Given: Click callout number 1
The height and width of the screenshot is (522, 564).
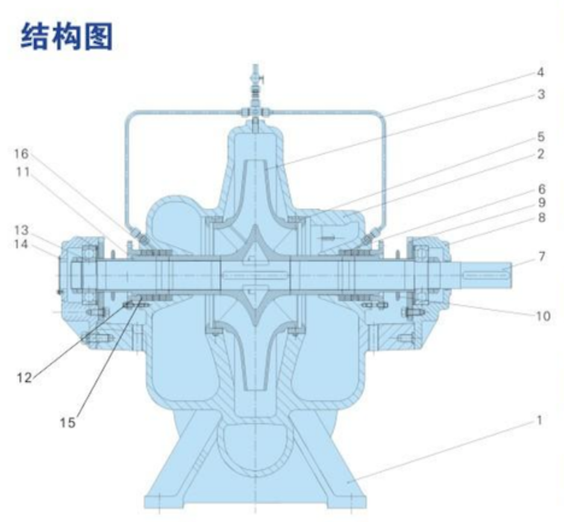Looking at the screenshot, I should [x=539, y=420].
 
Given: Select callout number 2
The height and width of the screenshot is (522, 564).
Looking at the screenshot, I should [x=540, y=154].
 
